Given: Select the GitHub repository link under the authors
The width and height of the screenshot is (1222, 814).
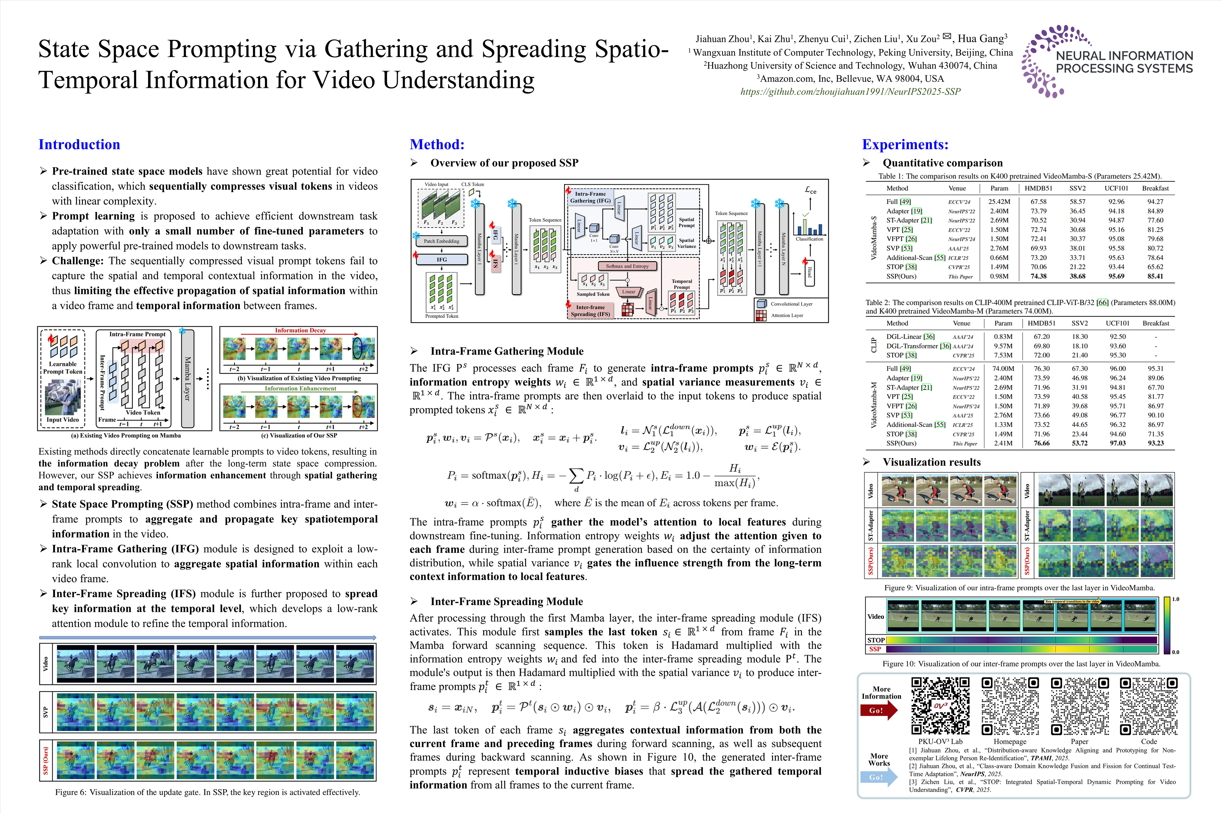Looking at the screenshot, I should tap(850, 91).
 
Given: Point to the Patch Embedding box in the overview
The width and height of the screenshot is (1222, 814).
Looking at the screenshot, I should tap(441, 241).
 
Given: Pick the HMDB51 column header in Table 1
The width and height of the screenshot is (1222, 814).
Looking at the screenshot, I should tap(1041, 189).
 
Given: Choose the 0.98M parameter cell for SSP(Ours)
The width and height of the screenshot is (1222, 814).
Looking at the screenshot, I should tap(999, 276).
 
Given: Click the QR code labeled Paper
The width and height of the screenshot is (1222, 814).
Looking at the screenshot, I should tap(1079, 706).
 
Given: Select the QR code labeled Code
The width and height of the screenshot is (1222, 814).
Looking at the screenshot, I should tap(1148, 706).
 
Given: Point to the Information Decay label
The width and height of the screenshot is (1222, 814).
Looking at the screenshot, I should tap(300, 330).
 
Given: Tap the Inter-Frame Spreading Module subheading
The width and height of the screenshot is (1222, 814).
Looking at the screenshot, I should tap(506, 601).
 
